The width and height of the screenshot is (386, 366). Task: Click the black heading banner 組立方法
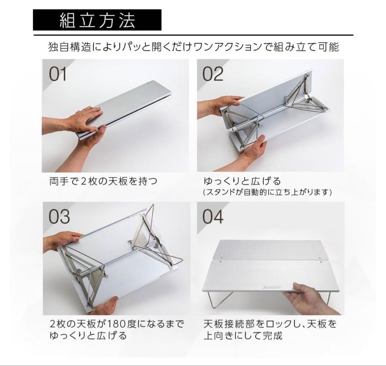tap(97, 20)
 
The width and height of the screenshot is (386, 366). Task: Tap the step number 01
tap(58, 74)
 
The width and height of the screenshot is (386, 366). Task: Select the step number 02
tap(213, 74)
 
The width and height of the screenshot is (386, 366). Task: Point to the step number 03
tap(58, 217)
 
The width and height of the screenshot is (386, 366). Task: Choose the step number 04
tap(213, 217)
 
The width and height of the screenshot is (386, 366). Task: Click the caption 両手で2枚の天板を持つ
tap(103, 181)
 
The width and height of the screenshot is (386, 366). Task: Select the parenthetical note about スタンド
tap(267, 192)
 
